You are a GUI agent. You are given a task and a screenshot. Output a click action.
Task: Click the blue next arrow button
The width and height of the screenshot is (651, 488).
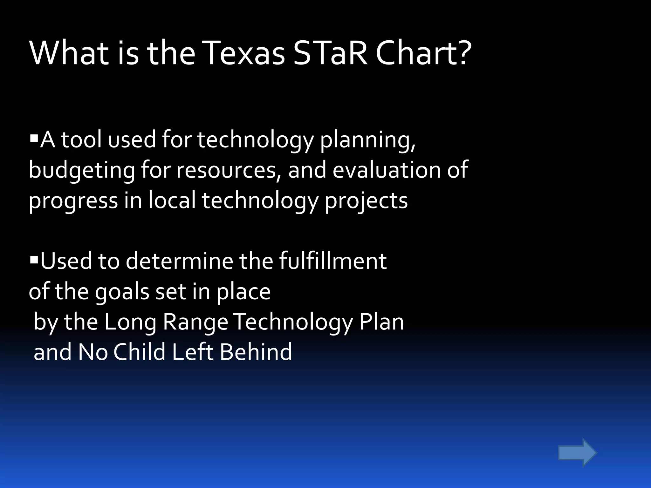click(x=577, y=452)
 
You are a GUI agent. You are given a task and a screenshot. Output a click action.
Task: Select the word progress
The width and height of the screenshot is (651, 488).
click(x=73, y=201)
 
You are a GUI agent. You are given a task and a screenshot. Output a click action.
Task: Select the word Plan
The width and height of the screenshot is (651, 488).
click(x=381, y=322)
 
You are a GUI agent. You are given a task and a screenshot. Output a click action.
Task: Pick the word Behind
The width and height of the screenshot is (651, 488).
click(x=256, y=352)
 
